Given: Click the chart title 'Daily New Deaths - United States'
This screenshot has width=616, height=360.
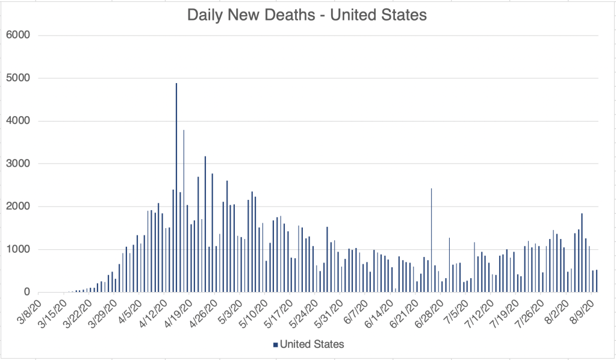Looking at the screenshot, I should pos(307,15).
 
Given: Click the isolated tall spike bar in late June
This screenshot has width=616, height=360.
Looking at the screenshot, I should pos(431,241).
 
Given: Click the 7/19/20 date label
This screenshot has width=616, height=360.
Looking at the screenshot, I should pos(506,308).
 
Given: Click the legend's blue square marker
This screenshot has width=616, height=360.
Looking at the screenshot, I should pos(275,344).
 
